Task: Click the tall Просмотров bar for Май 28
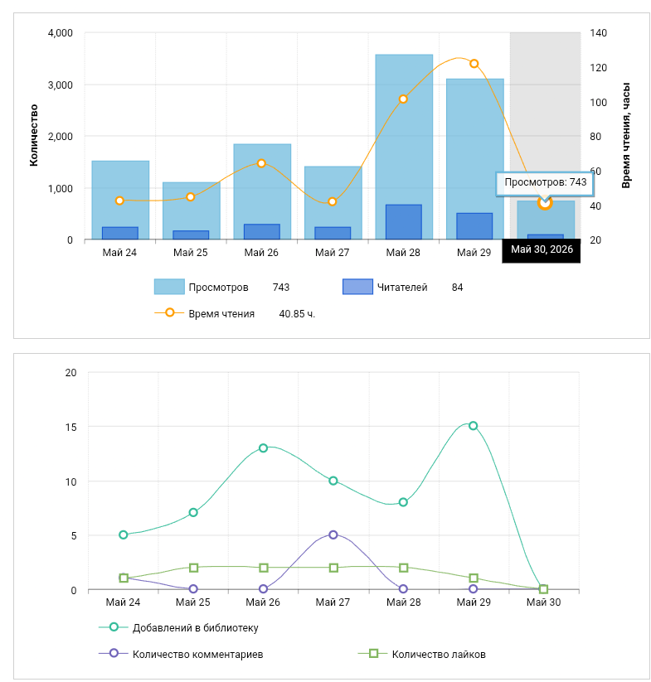(404, 147)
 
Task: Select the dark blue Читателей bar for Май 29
(474, 226)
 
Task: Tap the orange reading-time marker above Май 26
(261, 163)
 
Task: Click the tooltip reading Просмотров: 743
(545, 182)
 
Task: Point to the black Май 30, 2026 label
(542, 249)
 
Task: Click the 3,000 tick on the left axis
(60, 85)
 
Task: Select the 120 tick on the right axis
(599, 68)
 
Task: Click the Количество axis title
(34, 135)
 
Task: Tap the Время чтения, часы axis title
(626, 135)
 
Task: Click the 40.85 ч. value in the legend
(297, 314)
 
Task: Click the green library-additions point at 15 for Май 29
(473, 426)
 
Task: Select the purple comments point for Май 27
(333, 534)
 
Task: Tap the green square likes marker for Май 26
(263, 568)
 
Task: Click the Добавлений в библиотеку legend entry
(178, 627)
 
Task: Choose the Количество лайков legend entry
(421, 654)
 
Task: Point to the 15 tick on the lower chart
(71, 428)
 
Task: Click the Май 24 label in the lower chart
(123, 602)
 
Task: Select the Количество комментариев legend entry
(181, 654)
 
